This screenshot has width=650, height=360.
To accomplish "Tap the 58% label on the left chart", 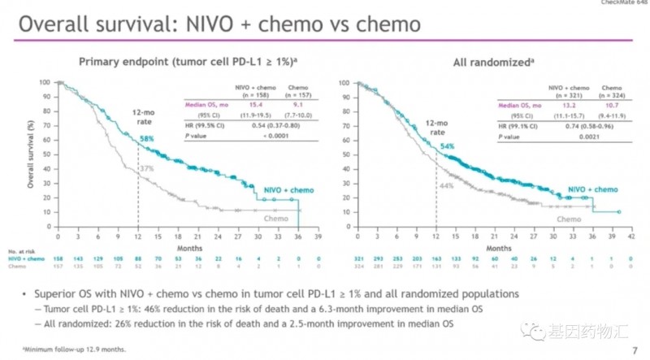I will (x=146, y=139).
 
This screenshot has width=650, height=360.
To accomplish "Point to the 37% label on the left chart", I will (x=146, y=167).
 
